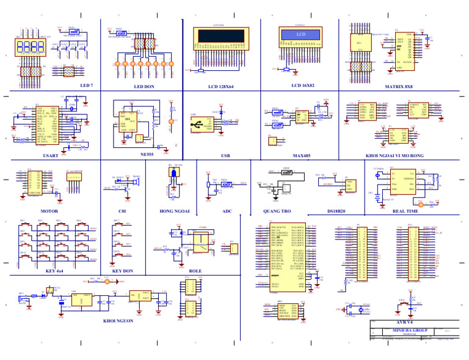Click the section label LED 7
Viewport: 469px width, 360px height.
(87, 86)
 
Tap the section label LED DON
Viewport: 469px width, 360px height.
(144, 87)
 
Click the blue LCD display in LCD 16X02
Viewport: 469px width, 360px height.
(300, 35)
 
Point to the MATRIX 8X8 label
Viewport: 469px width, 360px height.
(399, 87)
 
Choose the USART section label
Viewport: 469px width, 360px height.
(51, 156)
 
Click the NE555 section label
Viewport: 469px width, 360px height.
(147, 155)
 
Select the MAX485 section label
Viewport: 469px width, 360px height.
(301, 156)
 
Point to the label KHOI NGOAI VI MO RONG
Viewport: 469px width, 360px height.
(394, 156)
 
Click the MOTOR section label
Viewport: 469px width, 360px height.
(49, 211)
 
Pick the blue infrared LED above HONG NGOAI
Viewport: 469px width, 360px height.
(173, 175)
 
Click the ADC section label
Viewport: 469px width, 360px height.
(227, 211)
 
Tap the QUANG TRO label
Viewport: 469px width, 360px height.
(277, 211)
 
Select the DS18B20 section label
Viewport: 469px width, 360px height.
(336, 211)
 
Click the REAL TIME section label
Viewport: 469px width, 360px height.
(405, 211)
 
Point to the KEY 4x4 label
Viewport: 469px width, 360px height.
(54, 271)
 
